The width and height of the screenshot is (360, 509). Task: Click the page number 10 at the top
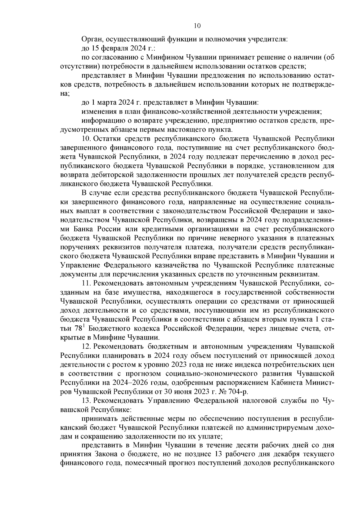click(197, 26)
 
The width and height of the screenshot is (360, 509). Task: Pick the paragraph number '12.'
click(87, 347)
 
